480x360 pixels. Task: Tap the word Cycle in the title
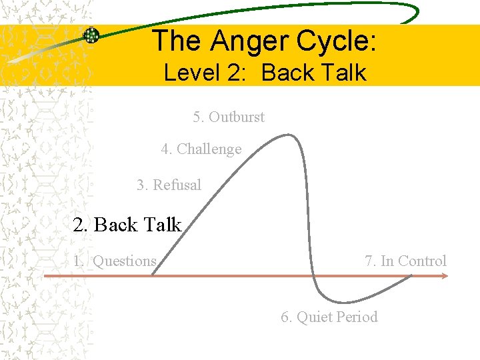(x=340, y=41)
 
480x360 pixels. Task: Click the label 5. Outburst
(x=229, y=117)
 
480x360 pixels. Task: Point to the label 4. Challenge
(x=201, y=149)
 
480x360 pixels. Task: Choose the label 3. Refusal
(x=169, y=185)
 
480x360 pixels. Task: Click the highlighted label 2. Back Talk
(x=127, y=225)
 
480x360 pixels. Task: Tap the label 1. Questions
(x=115, y=261)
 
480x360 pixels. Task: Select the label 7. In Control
(x=405, y=261)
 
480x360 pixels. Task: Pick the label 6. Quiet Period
(x=329, y=317)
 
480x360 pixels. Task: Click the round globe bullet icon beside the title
(x=91, y=35)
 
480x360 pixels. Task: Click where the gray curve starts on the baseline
(x=152, y=275)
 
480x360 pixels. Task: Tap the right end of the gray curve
(x=412, y=276)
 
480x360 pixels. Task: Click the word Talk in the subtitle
(x=342, y=72)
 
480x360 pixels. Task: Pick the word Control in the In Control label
(x=423, y=261)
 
